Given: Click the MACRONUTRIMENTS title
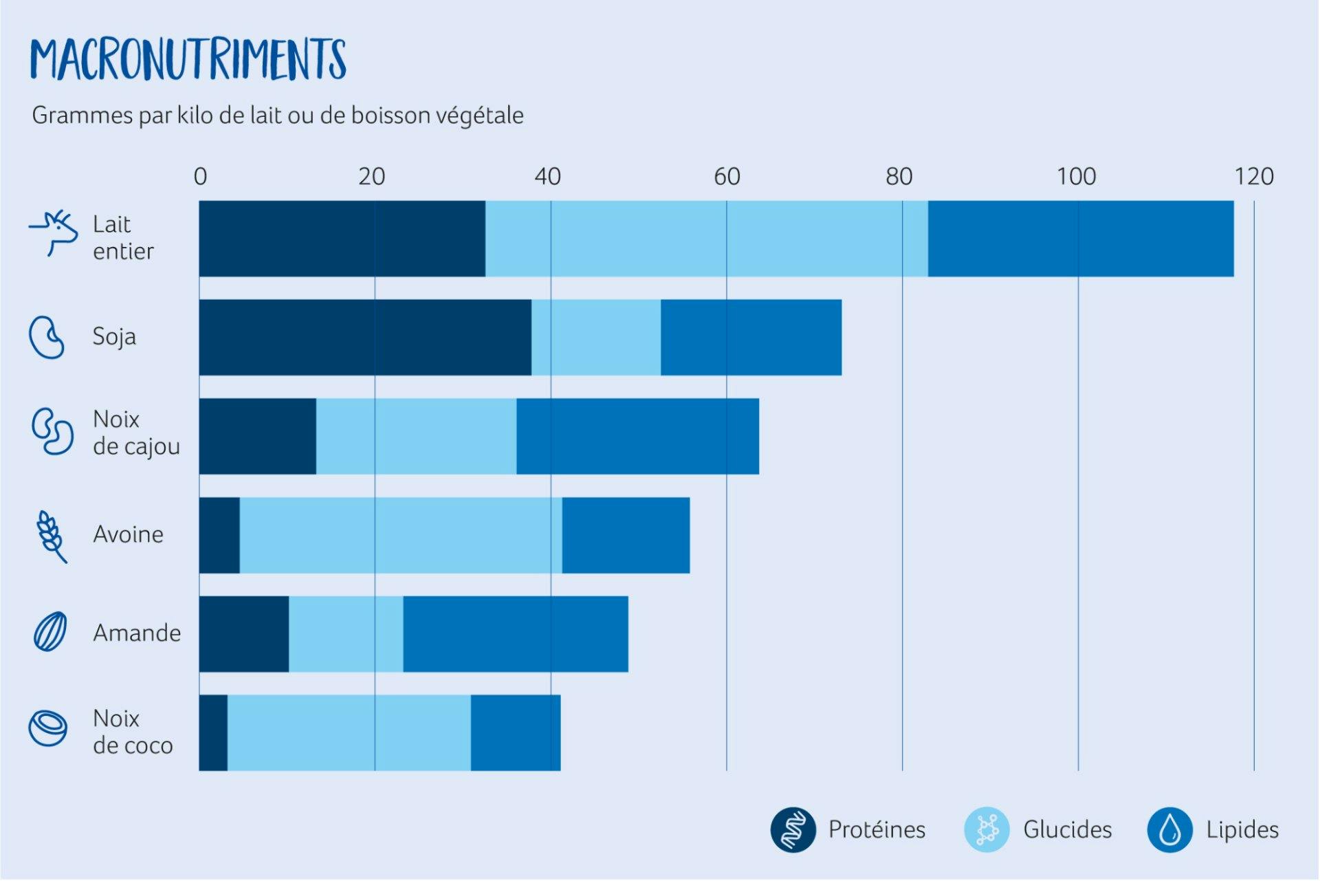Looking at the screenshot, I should (x=188, y=59).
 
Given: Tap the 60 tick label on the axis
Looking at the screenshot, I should (x=727, y=177).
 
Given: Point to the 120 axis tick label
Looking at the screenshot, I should (x=1254, y=177).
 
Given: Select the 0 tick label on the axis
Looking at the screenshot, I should (x=200, y=177).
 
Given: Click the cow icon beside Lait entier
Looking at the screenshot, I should (x=54, y=232).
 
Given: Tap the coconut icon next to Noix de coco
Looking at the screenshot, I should (x=48, y=728).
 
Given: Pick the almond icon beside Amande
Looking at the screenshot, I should (x=50, y=631).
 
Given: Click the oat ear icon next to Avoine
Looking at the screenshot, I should (x=52, y=536).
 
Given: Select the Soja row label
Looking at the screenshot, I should (x=114, y=337).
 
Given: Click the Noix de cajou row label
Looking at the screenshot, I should (x=136, y=433).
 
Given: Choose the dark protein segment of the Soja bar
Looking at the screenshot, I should (x=365, y=338).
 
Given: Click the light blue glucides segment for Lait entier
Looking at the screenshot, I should (x=706, y=239).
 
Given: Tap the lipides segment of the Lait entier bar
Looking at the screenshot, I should (x=1080, y=239).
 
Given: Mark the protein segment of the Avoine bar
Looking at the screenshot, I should (x=219, y=535).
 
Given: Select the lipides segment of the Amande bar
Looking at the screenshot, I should (x=516, y=634).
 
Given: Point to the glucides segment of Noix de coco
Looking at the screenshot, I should (x=349, y=732).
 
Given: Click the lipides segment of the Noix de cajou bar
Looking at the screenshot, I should (x=637, y=436).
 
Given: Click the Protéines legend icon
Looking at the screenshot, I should (x=793, y=829).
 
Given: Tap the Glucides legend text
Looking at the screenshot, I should (x=1067, y=829).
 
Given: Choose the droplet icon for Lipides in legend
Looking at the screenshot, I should (x=1169, y=829).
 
